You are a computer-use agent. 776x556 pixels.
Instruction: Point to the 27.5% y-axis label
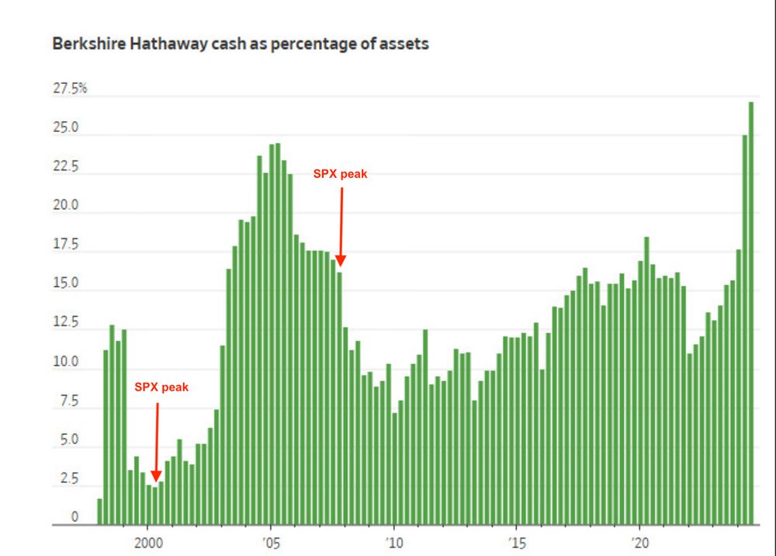click(x=70, y=89)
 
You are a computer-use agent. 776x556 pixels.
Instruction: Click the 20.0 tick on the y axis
click(x=65, y=207)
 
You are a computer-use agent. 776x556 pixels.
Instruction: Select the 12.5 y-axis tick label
click(x=65, y=323)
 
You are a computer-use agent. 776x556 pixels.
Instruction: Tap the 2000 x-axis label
click(x=147, y=541)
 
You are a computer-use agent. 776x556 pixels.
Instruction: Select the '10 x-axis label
click(x=393, y=541)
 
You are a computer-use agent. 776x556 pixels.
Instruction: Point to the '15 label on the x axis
click(x=516, y=541)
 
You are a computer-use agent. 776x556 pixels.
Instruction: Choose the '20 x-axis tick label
click(x=639, y=541)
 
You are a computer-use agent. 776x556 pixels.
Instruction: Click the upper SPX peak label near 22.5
click(x=340, y=175)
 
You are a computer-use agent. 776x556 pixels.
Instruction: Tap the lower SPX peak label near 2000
click(x=161, y=386)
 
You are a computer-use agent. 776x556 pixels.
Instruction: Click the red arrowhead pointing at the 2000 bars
click(x=156, y=476)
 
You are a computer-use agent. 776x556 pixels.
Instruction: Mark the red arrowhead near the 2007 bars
click(x=341, y=262)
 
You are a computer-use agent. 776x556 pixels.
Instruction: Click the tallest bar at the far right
click(x=751, y=311)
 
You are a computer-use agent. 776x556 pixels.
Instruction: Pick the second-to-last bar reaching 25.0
click(x=745, y=326)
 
